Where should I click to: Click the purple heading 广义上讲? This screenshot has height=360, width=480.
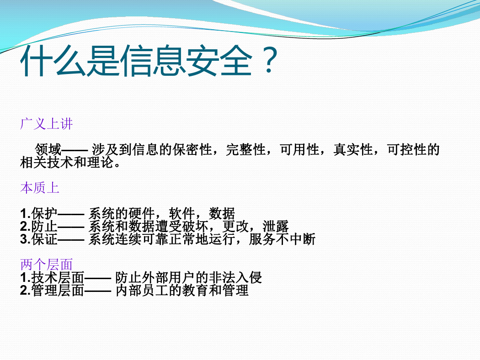click(x=47, y=124)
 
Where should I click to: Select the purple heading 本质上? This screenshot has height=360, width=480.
click(x=40, y=188)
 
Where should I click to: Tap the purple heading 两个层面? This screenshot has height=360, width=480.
click(x=47, y=265)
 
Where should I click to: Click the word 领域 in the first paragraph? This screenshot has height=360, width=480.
click(x=48, y=149)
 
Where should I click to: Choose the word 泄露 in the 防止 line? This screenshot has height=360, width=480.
click(x=276, y=226)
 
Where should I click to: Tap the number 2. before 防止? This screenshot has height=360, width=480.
click(x=26, y=227)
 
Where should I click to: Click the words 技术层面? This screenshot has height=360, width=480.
click(x=58, y=278)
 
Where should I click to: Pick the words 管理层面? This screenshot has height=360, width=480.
click(x=58, y=291)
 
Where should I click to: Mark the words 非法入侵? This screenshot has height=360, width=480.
click(x=235, y=278)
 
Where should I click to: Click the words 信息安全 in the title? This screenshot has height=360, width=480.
click(x=187, y=61)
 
